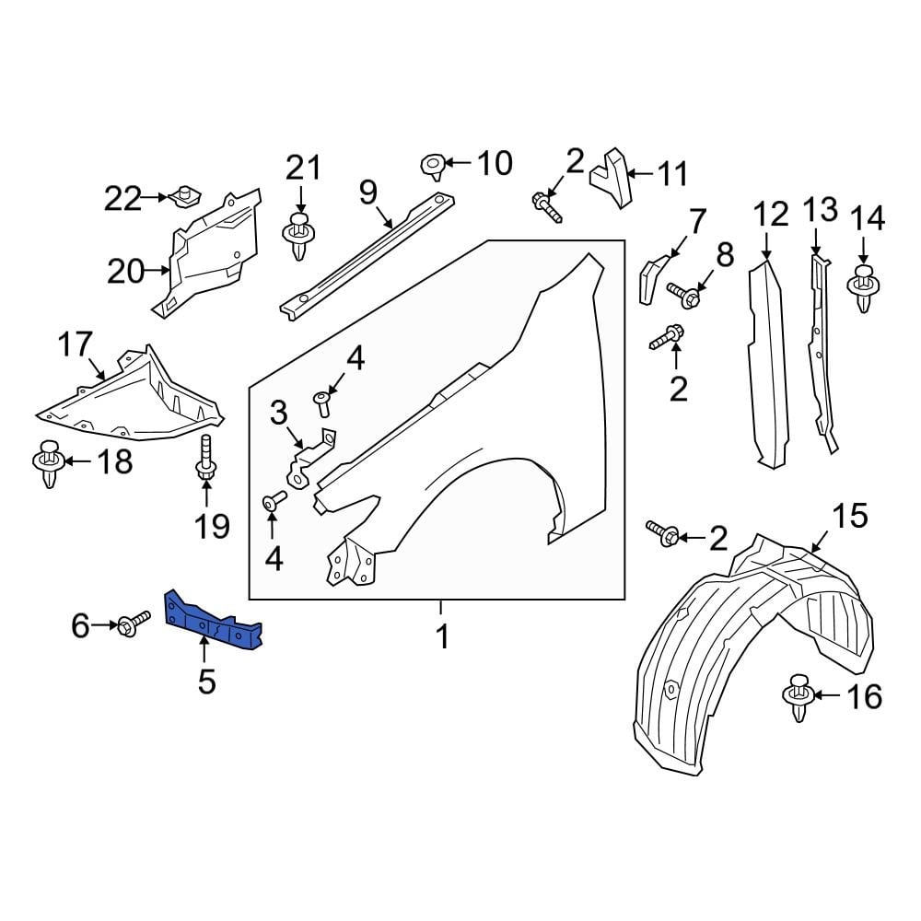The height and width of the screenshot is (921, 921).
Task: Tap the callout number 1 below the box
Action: pyautogui.click(x=442, y=636)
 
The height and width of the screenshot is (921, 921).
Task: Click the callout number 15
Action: pyautogui.click(x=850, y=516)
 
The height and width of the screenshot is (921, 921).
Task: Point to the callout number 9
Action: pyautogui.click(x=368, y=192)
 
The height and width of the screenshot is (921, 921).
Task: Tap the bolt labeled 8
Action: pyautogui.click(x=684, y=294)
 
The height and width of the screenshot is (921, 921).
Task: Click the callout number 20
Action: pyautogui.click(x=126, y=271)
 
